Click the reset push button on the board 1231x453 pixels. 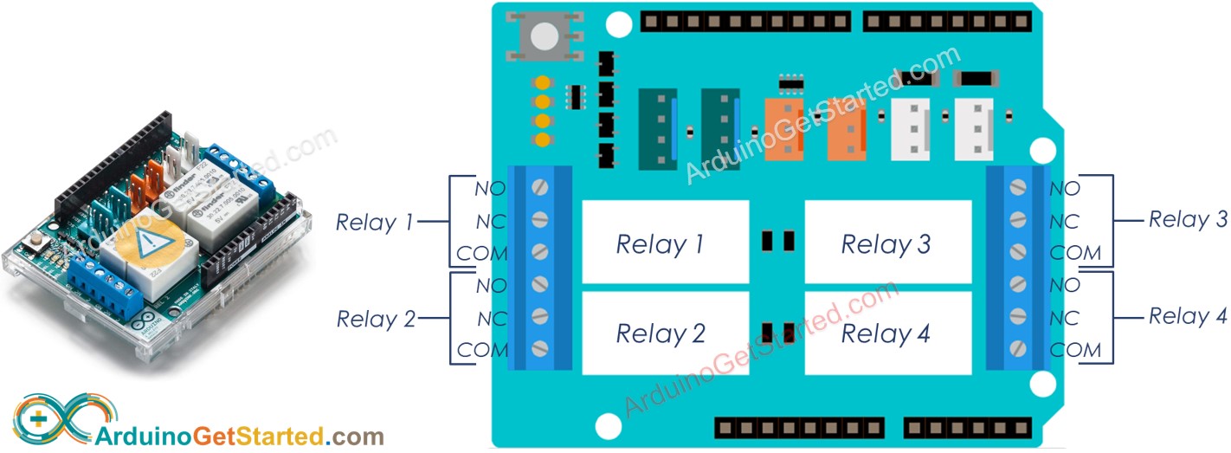click(544, 36)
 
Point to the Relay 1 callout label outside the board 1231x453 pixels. click(374, 223)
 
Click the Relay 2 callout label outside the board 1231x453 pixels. click(376, 319)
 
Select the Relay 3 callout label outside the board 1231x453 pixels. click(1188, 220)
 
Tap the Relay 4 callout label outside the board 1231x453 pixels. click(1188, 317)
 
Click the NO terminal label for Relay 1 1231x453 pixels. click(490, 187)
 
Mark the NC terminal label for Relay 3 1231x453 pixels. click(1064, 222)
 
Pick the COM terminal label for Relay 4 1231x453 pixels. click(1075, 350)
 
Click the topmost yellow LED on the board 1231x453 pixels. click(543, 84)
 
